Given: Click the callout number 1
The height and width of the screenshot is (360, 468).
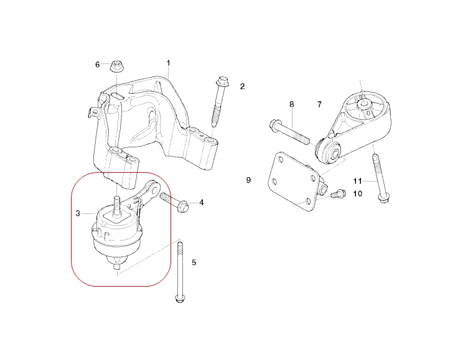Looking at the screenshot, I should (x=168, y=63).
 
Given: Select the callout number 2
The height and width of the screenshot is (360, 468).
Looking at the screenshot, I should (x=242, y=86).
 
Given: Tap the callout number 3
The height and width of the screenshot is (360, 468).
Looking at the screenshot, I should (x=78, y=213).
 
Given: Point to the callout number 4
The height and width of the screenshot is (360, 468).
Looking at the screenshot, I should (x=201, y=203).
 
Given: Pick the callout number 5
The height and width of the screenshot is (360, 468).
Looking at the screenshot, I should (x=194, y=263).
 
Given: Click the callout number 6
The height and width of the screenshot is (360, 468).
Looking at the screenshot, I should (x=97, y=64).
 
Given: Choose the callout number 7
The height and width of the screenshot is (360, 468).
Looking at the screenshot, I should (x=319, y=104).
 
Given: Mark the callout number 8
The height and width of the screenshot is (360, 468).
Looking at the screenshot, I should (x=291, y=104).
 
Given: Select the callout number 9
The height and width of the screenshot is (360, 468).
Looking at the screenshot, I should (x=248, y=180).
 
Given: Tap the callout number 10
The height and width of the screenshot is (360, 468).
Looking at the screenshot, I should (x=357, y=194).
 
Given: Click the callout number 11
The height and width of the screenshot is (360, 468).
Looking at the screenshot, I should (x=357, y=181).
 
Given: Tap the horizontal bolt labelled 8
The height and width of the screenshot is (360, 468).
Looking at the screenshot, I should (x=289, y=132).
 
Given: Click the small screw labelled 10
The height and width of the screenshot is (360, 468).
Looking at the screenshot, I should (x=337, y=194).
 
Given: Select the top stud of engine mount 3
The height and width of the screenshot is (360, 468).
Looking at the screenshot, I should (x=116, y=205).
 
